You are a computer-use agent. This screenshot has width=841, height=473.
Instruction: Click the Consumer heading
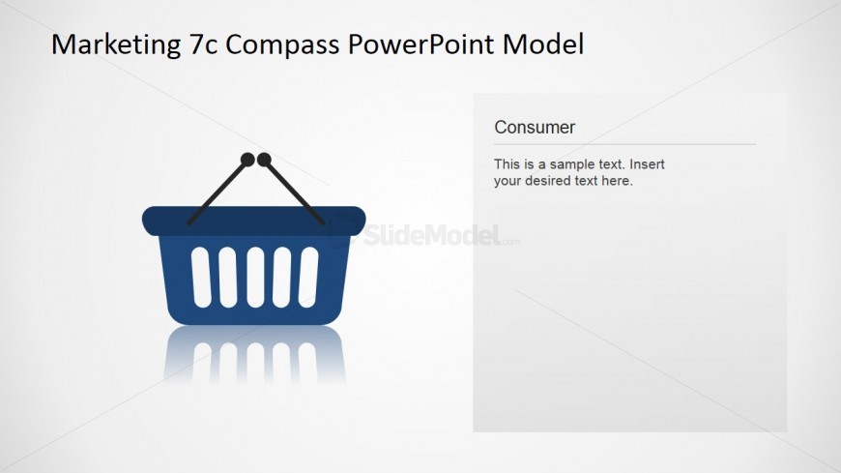click(535, 127)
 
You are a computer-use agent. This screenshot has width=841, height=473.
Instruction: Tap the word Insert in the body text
click(647, 164)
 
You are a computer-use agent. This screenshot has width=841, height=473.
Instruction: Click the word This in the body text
click(507, 164)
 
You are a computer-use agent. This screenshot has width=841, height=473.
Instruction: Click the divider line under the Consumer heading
click(624, 144)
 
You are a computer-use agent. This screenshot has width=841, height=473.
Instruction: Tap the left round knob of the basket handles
click(247, 160)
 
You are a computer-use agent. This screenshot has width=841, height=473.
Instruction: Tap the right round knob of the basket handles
click(263, 160)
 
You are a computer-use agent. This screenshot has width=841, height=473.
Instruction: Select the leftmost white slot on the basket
click(200, 276)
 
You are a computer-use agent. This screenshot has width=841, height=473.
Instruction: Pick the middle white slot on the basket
click(254, 276)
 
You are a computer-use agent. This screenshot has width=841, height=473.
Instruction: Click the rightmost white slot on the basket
click(308, 276)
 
